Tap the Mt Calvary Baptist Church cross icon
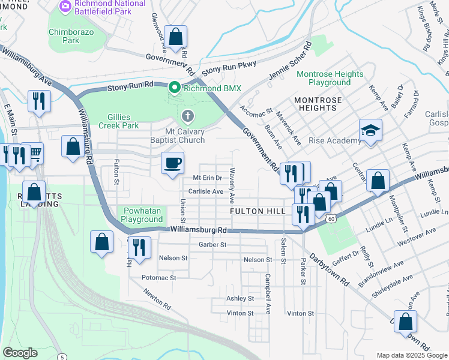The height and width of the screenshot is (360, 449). point(187,115)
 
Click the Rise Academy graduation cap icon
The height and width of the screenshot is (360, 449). point(370,130)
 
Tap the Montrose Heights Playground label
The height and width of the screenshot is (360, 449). point(330,78)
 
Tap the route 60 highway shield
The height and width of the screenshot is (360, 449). point(331,219)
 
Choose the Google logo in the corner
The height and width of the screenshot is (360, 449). point(20,352)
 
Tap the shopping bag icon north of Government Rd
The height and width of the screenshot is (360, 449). point(175,36)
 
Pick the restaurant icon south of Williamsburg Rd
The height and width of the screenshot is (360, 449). point(139,245)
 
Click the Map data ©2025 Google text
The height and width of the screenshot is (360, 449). point(411,355)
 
